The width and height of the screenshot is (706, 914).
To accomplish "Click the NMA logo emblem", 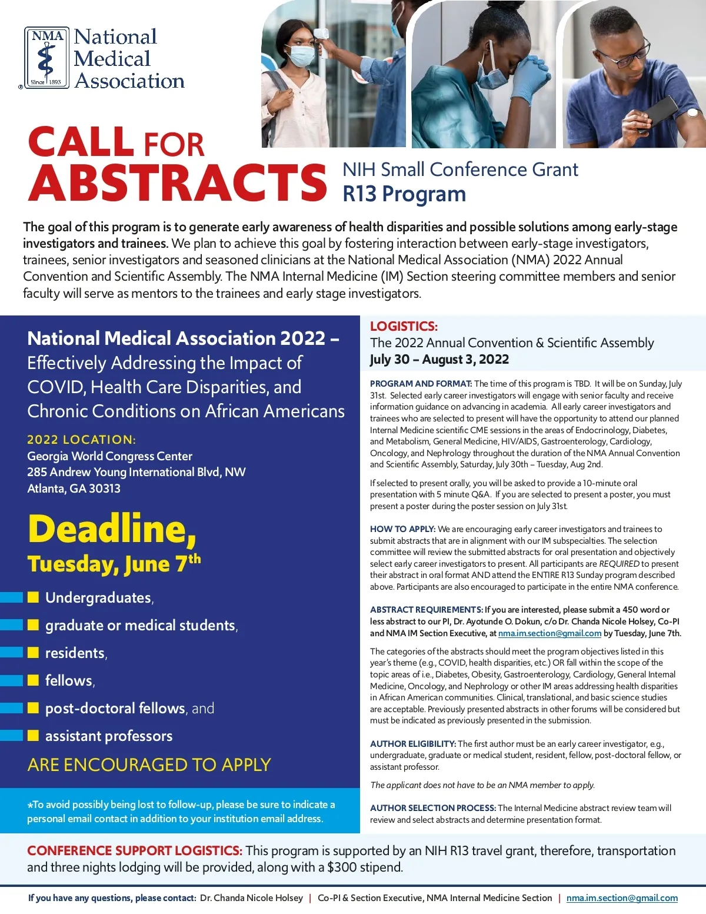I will (47, 58).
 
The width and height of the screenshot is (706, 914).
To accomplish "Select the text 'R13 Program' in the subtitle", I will (404, 194).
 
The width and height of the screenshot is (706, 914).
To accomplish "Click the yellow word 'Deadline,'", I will (112, 529).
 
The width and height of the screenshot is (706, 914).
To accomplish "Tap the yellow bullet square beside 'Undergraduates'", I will (34, 597).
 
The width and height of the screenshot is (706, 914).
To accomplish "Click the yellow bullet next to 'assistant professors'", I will (34, 735).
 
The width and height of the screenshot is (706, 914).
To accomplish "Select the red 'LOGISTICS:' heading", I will (404, 326).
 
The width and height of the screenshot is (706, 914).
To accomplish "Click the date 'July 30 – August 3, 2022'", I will (439, 360).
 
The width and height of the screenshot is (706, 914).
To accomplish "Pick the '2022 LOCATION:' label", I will (81, 439).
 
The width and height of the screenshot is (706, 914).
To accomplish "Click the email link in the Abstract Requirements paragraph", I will (550, 633).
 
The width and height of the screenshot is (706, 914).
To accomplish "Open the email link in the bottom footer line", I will (622, 898).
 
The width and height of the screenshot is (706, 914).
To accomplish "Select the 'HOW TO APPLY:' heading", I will (402, 529).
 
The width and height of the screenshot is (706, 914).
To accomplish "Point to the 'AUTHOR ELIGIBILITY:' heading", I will (413, 744).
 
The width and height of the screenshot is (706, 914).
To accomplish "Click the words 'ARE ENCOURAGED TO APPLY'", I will (149, 765).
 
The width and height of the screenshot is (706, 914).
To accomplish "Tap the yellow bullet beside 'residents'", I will (34, 652).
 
